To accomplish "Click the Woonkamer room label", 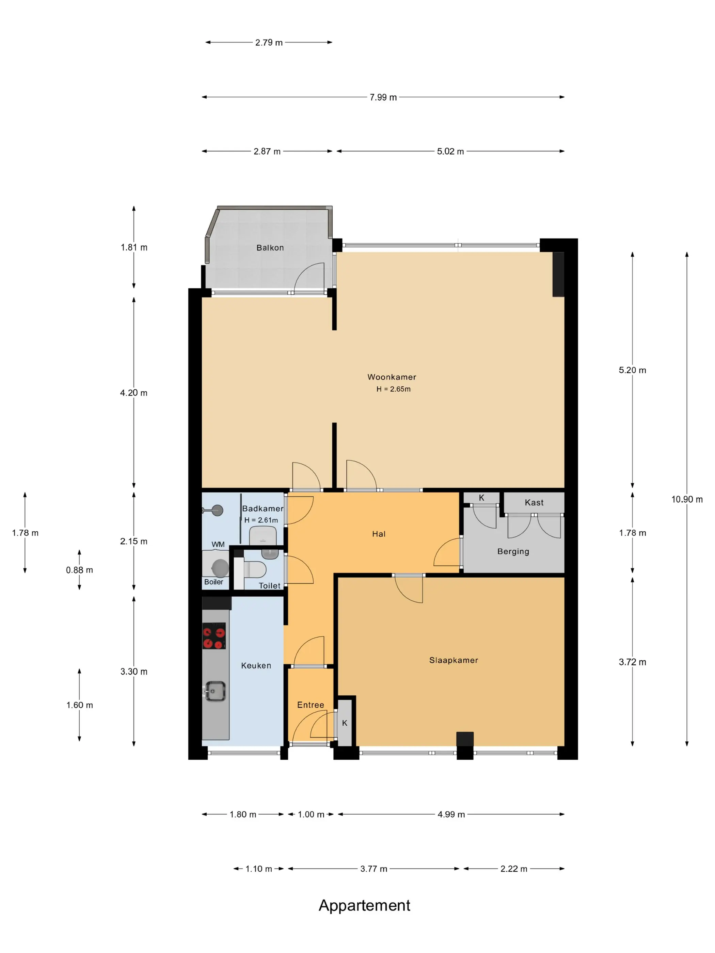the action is pos(391,377).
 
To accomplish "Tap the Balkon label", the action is pos(270,248).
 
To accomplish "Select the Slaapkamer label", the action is pos(454,660).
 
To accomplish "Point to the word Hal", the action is pos(378,534).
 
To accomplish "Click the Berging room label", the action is pos(513,551).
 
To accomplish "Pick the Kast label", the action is pos(534,502).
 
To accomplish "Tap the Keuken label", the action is pos(256,666).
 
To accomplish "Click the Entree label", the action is pos(310,705).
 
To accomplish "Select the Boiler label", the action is pos(213,582).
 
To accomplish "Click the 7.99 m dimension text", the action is pos(383,97).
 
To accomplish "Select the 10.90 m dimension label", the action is pos(686,499).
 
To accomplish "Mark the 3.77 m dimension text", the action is pos(374,869).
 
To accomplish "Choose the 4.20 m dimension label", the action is pos(133,393).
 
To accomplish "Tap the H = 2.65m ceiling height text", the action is pos(393,389).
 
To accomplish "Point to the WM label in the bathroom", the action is pos(218,545).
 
